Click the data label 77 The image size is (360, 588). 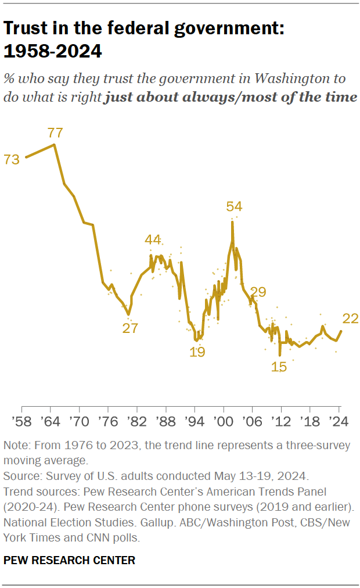(x=56, y=132)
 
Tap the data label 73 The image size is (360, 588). (x=12, y=159)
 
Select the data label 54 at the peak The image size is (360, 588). (x=234, y=206)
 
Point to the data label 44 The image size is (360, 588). (x=153, y=239)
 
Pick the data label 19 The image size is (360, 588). (x=197, y=352)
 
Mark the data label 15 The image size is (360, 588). (x=279, y=367)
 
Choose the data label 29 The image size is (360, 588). (x=258, y=292)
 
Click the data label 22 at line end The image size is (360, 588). (x=351, y=318)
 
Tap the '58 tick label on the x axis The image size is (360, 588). (x=22, y=420)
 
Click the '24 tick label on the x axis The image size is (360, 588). (x=339, y=420)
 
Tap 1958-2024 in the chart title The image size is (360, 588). (x=53, y=52)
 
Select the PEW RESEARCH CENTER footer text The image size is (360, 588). (x=69, y=560)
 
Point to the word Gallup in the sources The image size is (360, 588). (x=164, y=525)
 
